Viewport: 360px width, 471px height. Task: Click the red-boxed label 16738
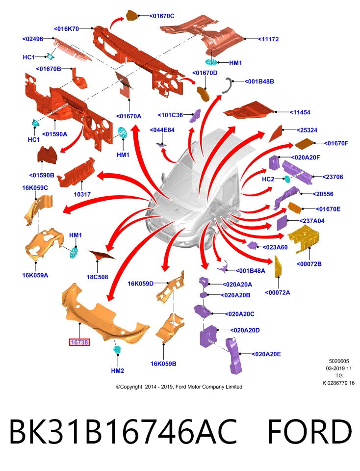tap(79, 342)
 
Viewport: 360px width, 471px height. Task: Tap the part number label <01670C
tap(162, 16)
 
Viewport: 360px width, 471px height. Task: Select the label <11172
tap(268, 39)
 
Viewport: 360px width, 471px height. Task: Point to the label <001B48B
tap(259, 81)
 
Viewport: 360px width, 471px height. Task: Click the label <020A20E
tap(266, 354)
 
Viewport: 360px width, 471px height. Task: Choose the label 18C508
tap(97, 277)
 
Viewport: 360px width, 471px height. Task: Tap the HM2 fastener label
tap(117, 371)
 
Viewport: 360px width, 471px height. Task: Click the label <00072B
tap(309, 264)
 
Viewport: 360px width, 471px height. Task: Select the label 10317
tap(82, 194)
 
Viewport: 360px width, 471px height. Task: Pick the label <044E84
tap(162, 130)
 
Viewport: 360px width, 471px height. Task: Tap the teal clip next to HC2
tap(287, 180)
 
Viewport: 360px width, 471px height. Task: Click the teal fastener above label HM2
tap(117, 350)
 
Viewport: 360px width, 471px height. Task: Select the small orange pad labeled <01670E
tap(295, 208)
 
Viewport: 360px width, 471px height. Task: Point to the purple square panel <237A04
tap(282, 223)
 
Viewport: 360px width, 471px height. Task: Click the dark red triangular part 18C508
tap(101, 255)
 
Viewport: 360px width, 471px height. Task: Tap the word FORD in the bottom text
tap(309, 432)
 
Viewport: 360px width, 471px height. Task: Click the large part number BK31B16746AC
tap(123, 432)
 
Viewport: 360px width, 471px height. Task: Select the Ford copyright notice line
tap(179, 387)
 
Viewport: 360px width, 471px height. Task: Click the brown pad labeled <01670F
tap(305, 144)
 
